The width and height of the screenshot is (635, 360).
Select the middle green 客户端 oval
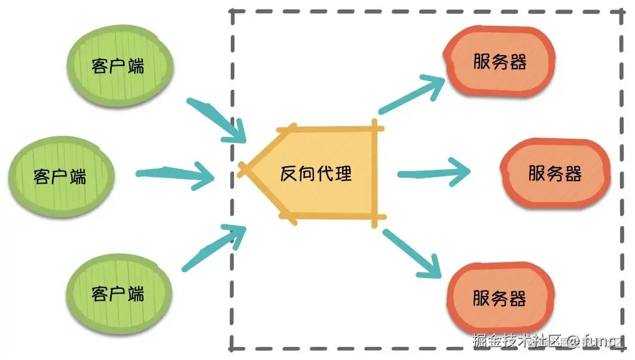tap(60, 176)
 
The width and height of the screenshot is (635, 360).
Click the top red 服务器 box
tap(500, 62)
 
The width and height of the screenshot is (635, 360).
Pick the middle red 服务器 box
tap(555, 173)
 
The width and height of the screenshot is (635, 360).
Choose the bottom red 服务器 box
tap(500, 298)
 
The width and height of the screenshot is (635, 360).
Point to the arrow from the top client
tap(218, 120)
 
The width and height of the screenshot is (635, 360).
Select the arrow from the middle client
tap(176, 175)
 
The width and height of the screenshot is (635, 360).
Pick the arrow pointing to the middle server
tap(433, 174)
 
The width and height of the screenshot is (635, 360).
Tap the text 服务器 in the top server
tap(500, 62)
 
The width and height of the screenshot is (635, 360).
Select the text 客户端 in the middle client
tap(60, 176)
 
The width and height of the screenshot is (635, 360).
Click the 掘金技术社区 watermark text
tap(517, 341)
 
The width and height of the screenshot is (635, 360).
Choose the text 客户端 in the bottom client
tap(118, 293)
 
